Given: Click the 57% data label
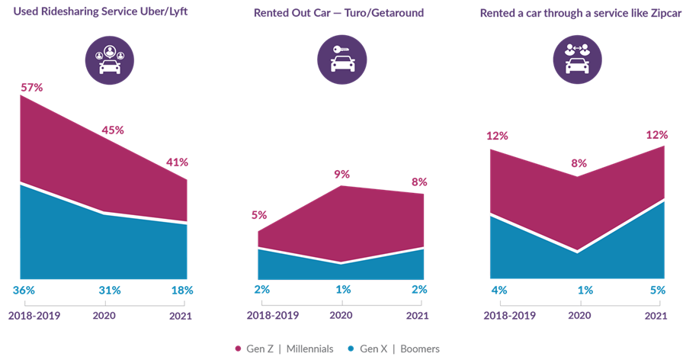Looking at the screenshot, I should [x=32, y=88].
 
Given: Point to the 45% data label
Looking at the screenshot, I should [x=113, y=130].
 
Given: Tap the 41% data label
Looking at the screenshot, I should [x=176, y=162].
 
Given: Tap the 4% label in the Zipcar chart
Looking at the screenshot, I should [x=499, y=291].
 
